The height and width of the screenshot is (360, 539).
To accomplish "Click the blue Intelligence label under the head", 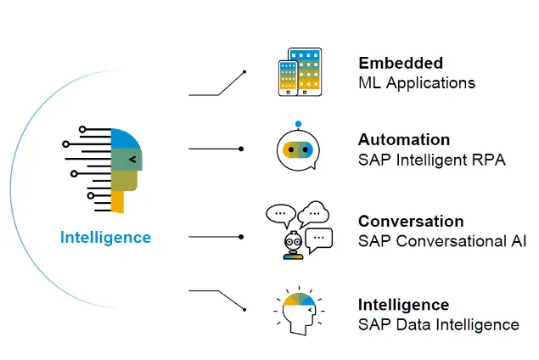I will click(105, 238).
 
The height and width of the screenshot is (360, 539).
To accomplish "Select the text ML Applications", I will click(417, 82).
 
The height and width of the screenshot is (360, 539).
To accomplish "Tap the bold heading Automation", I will click(404, 139).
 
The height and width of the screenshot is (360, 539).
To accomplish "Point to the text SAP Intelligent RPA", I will click(432, 159).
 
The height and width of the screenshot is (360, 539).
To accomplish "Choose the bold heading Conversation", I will click(411, 222).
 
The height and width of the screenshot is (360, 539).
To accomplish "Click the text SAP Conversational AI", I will click(442, 241).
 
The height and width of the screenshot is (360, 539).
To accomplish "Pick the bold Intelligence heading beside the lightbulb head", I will click(403, 305).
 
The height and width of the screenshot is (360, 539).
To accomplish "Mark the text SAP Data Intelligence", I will click(438, 324).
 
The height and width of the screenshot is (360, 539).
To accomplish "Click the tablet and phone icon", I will click(300, 72).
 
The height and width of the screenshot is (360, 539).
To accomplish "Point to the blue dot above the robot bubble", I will click(299, 124).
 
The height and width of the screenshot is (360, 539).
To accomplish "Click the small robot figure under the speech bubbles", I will click(293, 245).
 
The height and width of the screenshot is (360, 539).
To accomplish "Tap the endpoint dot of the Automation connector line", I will click(242, 149).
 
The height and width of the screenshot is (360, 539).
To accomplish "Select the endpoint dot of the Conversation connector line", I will click(242, 236).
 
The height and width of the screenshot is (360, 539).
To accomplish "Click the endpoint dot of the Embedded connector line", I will click(245, 72).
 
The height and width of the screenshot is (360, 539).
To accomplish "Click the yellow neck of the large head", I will click(117, 202).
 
